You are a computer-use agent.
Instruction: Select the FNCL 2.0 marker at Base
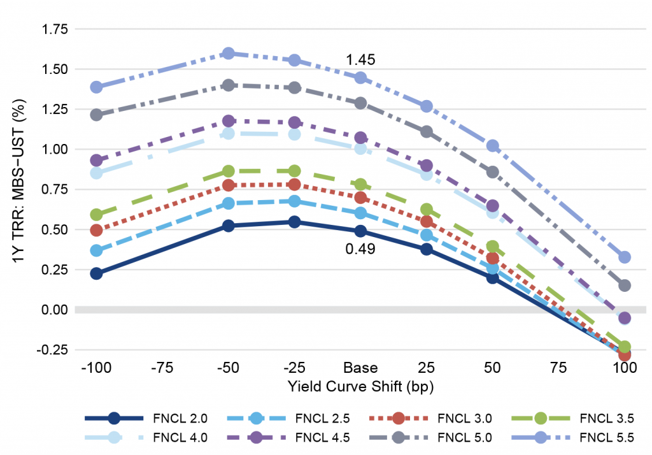(x=360, y=231)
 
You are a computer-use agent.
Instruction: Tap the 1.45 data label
(x=360, y=60)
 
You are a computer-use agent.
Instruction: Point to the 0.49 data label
(x=360, y=249)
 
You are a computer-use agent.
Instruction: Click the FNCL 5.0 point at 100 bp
(x=625, y=285)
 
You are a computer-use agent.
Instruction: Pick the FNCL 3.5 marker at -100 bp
(x=97, y=215)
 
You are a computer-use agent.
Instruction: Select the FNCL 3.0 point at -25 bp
(x=294, y=184)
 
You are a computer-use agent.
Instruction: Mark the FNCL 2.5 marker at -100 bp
(x=97, y=250)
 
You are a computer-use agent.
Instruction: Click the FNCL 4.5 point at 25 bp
(x=427, y=166)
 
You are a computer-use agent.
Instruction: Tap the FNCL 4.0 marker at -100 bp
(x=97, y=173)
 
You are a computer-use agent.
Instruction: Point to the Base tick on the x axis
(x=360, y=368)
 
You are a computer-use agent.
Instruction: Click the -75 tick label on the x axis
(x=162, y=368)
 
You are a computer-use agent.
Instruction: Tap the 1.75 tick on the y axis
(x=54, y=29)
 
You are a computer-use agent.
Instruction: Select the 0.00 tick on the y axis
(x=54, y=310)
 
